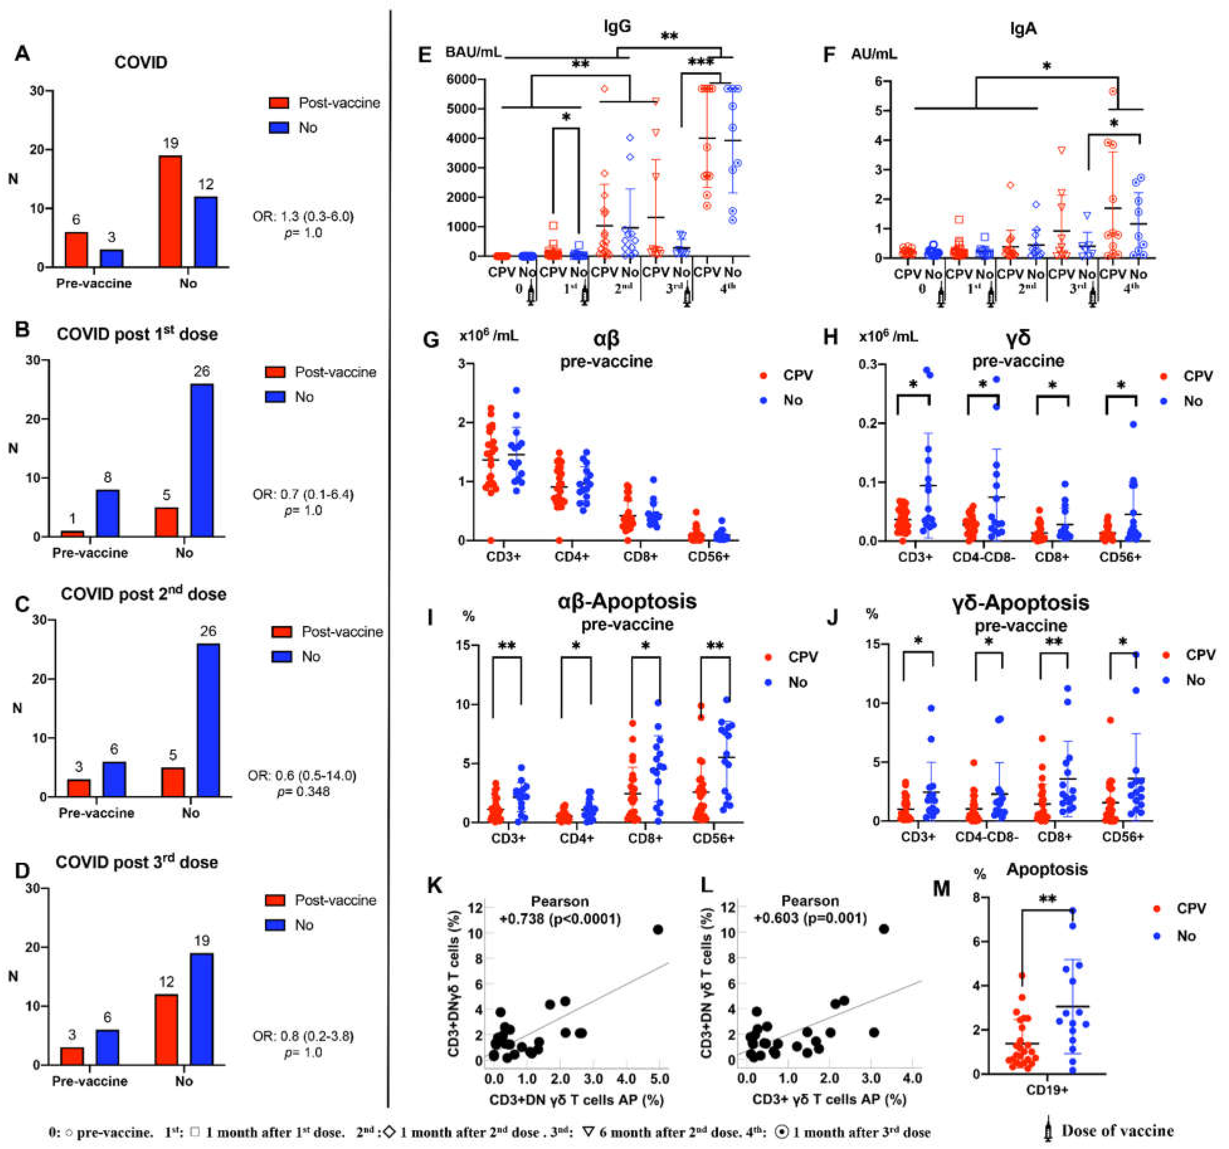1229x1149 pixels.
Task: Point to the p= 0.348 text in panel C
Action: click(x=303, y=792)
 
